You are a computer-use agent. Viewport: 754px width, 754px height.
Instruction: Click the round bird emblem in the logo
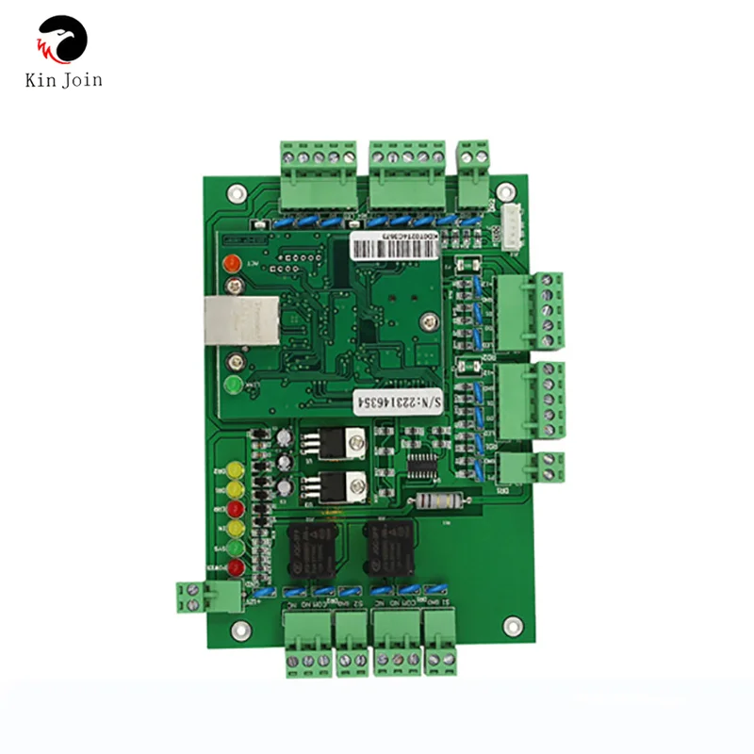click(x=62, y=40)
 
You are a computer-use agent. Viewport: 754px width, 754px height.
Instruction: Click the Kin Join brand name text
click(x=63, y=81)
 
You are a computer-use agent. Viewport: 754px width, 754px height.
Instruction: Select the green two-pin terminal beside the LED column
click(x=201, y=598)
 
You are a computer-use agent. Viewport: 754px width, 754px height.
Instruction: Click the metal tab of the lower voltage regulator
click(x=354, y=488)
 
